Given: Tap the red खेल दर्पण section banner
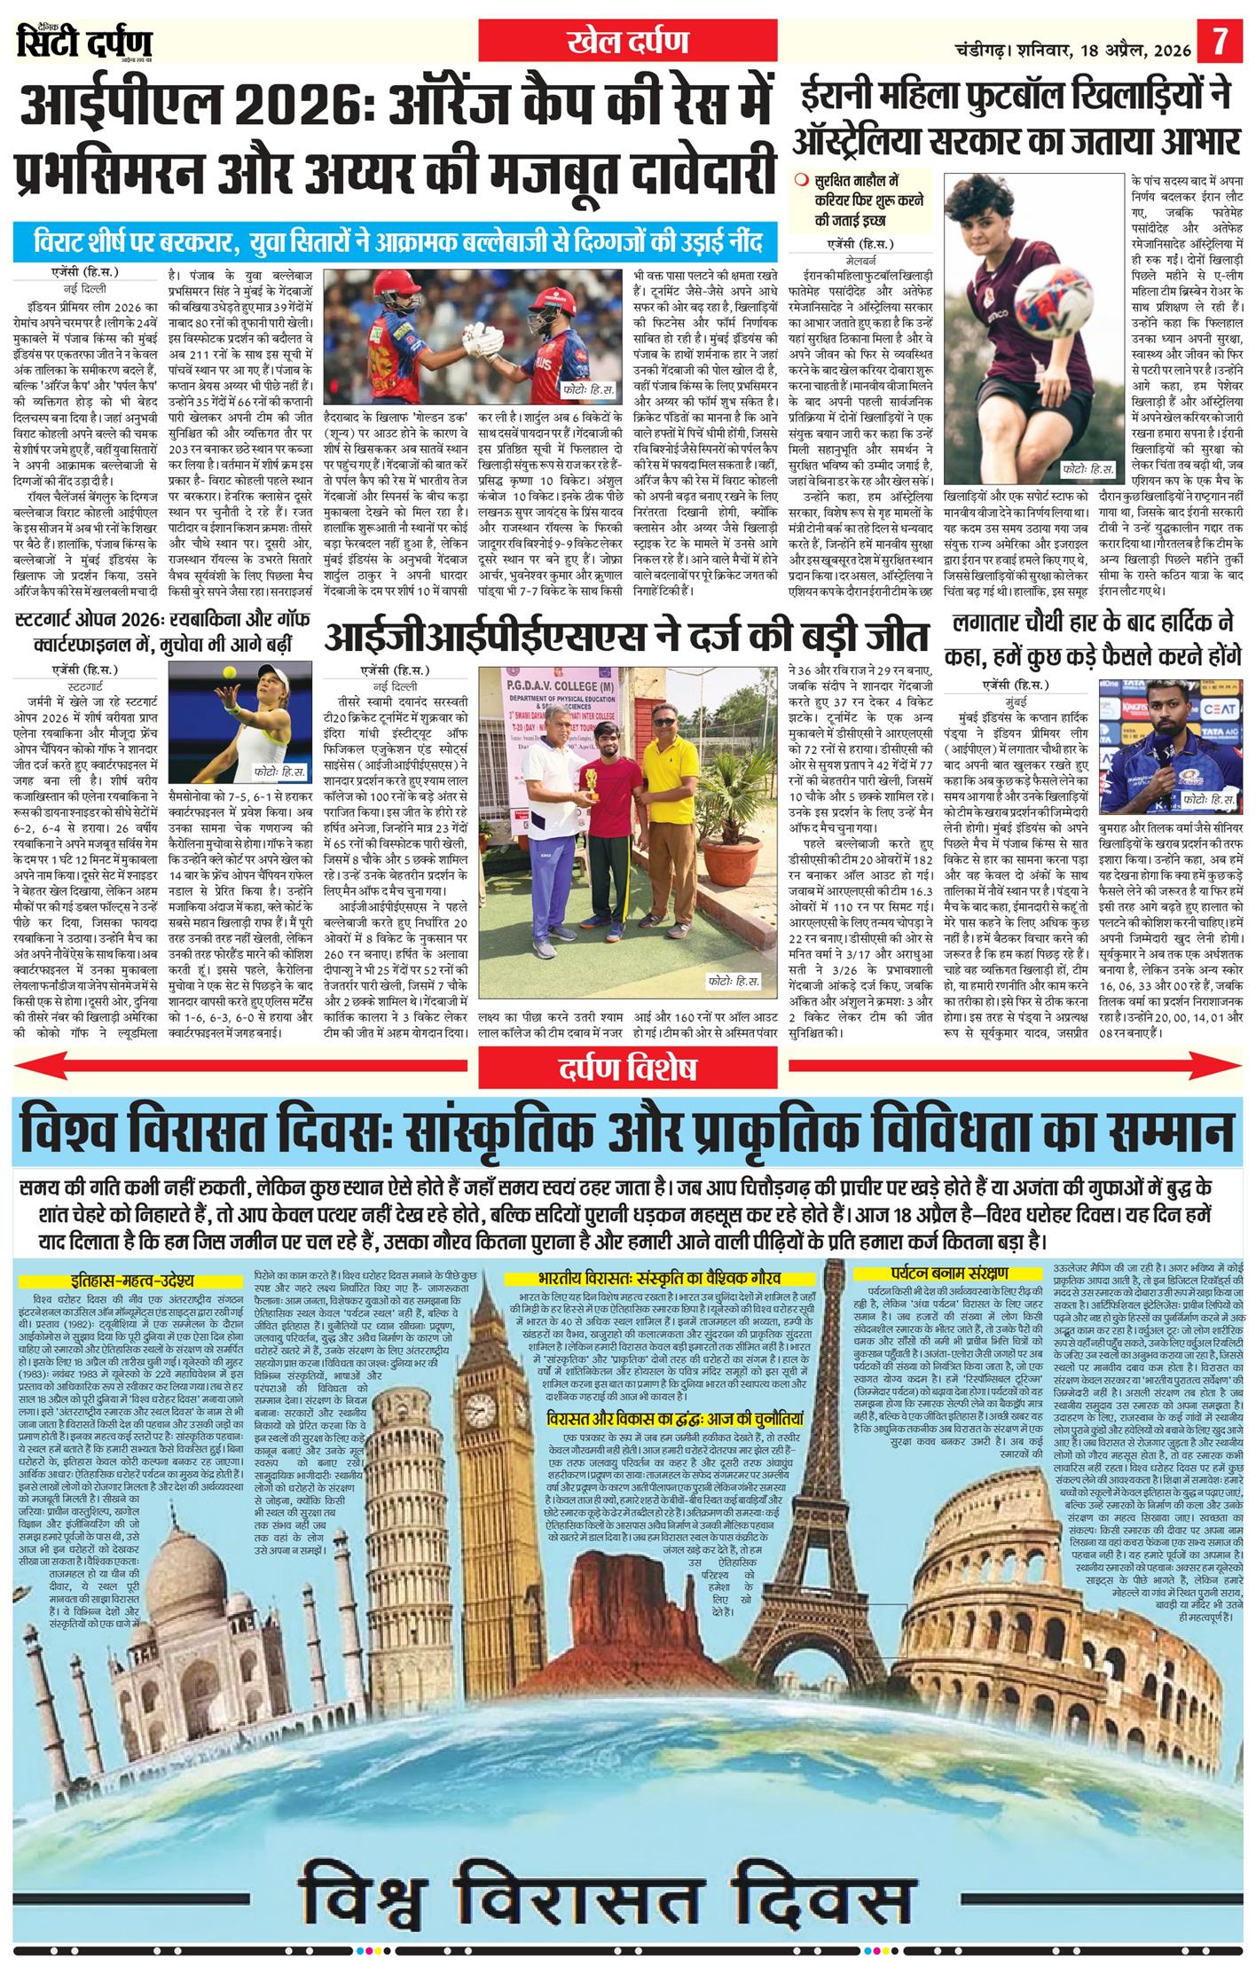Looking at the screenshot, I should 627,42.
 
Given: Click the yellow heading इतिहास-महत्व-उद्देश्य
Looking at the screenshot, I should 131,1281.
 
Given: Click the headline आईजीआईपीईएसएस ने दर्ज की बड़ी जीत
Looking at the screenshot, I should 626,637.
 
